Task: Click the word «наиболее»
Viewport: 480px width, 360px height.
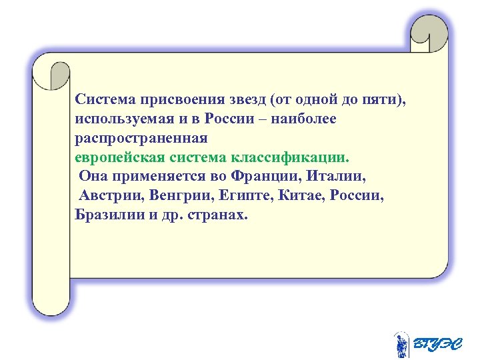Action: coord(309,119)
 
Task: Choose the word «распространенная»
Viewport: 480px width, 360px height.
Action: coord(141,139)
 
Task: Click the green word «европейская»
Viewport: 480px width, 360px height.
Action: coord(117,158)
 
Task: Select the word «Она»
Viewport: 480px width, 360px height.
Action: coord(92,177)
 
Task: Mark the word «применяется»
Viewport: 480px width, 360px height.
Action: coord(150,177)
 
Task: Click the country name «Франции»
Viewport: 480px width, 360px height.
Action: coord(259,177)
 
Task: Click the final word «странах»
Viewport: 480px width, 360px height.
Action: coord(217,216)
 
